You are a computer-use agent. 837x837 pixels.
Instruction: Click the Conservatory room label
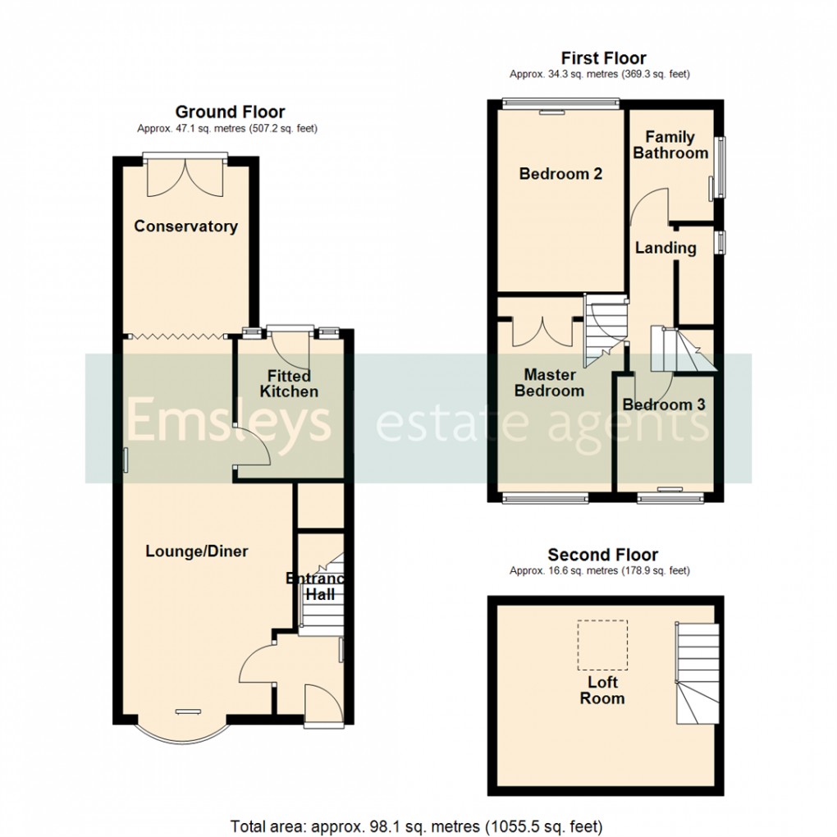tap(186, 226)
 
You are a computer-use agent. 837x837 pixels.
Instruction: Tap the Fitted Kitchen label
tap(289, 383)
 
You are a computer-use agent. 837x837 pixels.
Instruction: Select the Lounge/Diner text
tap(197, 551)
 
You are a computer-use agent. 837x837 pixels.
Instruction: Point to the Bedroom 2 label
tap(561, 174)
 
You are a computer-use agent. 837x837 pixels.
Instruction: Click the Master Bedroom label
tap(549, 382)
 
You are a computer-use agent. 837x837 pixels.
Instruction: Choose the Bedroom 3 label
tap(664, 405)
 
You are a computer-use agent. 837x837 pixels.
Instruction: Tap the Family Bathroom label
tap(670, 145)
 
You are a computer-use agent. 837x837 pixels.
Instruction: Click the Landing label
tap(665, 248)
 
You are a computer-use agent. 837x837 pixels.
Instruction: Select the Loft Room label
tap(602, 690)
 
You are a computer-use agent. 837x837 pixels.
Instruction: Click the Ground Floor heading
tap(230, 112)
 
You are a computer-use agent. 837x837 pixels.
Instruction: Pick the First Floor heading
tap(603, 58)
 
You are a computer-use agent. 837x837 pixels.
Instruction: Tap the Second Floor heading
tap(603, 556)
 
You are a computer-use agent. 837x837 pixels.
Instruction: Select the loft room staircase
tap(697, 673)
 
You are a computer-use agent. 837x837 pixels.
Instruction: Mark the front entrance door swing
tap(317, 702)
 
